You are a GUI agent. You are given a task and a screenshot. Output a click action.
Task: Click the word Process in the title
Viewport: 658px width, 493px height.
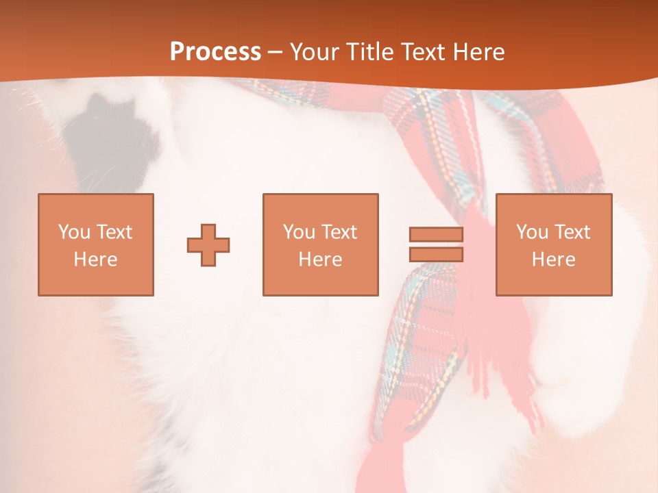[x=215, y=52]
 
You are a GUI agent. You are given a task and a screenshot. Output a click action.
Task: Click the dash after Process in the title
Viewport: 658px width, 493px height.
[x=275, y=53]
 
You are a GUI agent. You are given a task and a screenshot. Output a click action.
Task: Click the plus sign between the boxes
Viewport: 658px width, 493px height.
[x=208, y=245]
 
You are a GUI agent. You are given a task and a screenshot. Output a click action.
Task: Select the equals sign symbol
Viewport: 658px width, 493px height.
[x=436, y=244]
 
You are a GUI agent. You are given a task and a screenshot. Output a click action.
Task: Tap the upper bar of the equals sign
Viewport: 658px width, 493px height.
[x=436, y=234]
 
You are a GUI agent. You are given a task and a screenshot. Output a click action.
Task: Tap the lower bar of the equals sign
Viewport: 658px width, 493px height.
[x=436, y=255]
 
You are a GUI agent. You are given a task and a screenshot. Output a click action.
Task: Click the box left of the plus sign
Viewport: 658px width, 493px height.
[x=95, y=244]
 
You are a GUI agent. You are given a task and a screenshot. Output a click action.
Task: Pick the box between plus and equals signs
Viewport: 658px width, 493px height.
[x=320, y=244]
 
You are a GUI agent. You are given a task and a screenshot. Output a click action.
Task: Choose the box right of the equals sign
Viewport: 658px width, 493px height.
[x=554, y=244]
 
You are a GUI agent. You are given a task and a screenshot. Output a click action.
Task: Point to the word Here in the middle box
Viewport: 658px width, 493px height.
[x=320, y=260]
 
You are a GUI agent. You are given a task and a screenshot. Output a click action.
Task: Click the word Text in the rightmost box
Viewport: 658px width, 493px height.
[x=572, y=232]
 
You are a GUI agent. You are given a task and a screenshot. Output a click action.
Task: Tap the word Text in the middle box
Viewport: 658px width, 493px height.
[x=339, y=232]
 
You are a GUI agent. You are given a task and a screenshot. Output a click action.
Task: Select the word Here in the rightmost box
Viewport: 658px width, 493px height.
[x=554, y=260]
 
